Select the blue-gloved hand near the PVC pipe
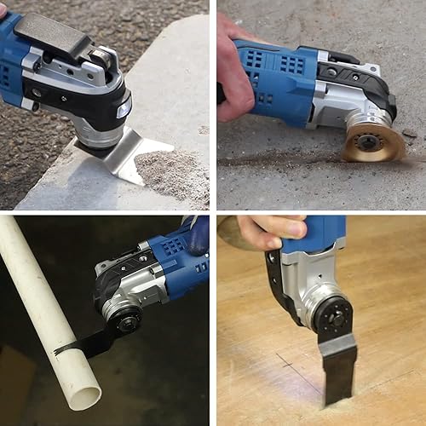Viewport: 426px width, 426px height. coord(198,234)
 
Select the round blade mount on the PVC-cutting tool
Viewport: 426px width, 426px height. coord(126,320)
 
